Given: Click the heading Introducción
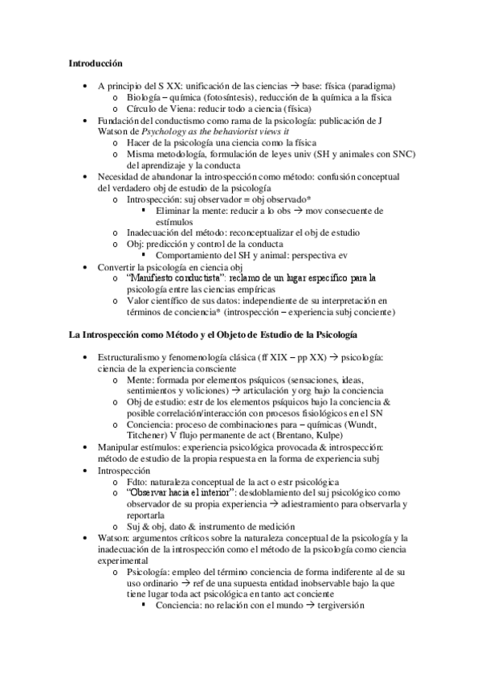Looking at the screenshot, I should click(95, 62).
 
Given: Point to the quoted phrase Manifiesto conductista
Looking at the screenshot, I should click(176, 278).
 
